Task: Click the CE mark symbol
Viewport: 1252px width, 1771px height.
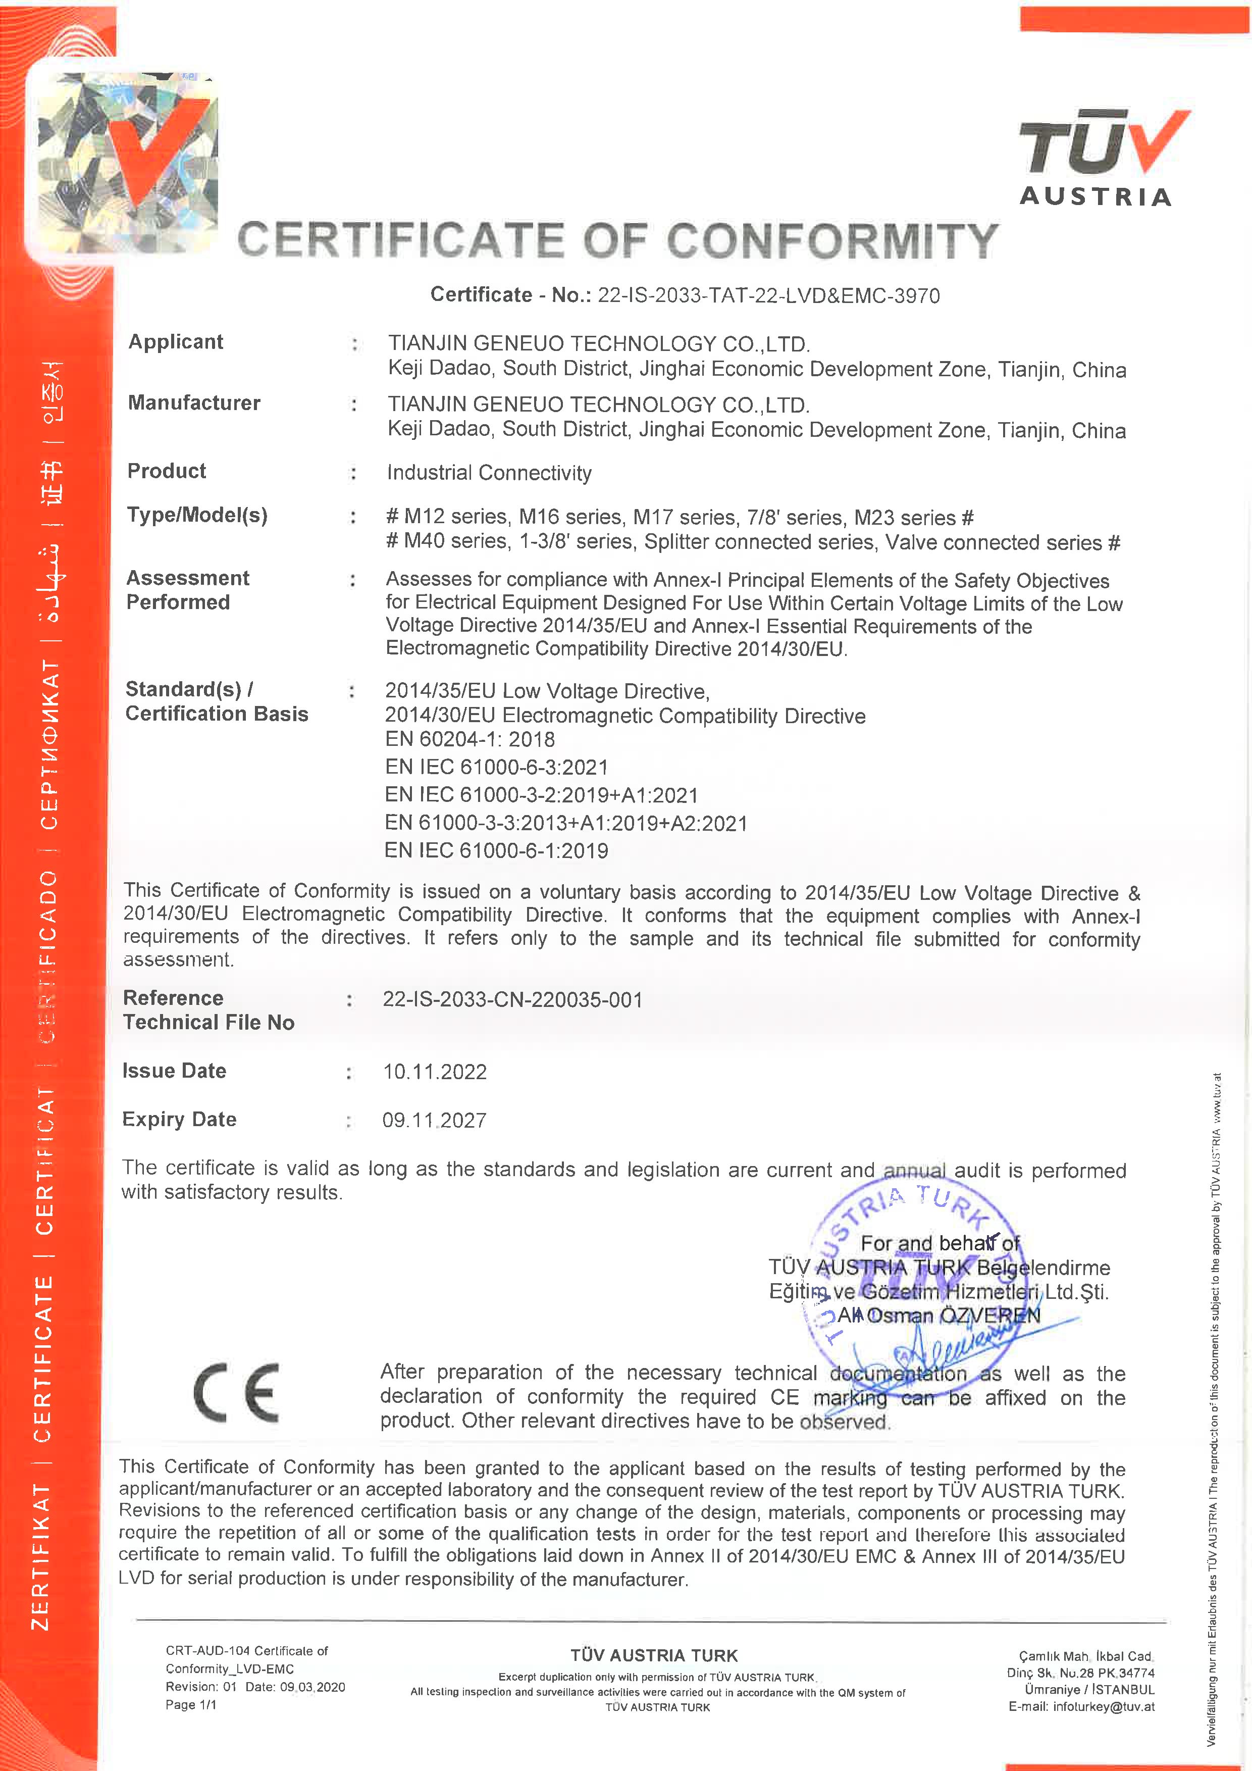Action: tap(237, 1392)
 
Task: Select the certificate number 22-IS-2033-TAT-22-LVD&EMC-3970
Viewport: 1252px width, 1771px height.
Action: tap(768, 295)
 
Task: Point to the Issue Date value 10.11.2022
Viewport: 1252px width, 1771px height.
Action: tap(435, 1072)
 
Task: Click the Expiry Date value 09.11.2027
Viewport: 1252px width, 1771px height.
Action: tap(434, 1120)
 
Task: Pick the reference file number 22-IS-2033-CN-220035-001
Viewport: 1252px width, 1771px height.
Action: tap(513, 1000)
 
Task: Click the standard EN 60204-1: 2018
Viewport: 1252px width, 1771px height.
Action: tap(470, 739)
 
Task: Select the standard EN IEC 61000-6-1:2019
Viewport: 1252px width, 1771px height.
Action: tap(496, 850)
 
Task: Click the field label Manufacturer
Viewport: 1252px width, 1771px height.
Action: tap(194, 402)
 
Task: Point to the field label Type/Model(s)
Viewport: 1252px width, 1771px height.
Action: tap(197, 515)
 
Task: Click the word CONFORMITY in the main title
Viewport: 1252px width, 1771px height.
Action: tap(832, 241)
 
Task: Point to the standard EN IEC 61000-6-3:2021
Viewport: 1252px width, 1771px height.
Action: tap(496, 767)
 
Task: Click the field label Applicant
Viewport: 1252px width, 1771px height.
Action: tap(176, 342)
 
